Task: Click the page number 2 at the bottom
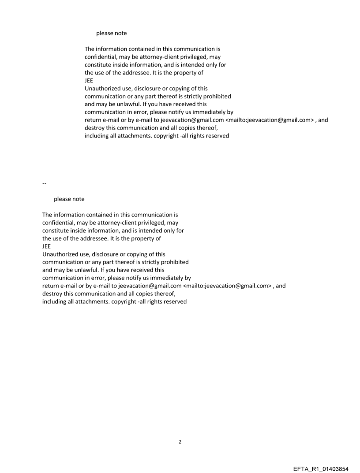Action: point(180,442)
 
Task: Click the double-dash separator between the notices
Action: point(44,183)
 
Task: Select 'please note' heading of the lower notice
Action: point(69,199)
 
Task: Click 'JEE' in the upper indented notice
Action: point(89,81)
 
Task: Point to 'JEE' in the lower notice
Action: point(46,246)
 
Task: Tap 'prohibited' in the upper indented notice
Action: point(216,96)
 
